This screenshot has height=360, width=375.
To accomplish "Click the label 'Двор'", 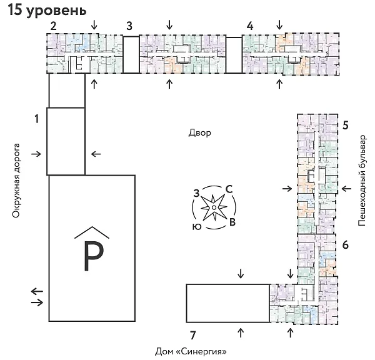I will tap(200, 132).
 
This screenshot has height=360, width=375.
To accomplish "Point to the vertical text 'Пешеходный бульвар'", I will tap(362, 179).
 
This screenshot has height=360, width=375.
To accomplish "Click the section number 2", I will tap(54, 26).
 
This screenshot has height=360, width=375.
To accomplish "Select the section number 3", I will tap(129, 26).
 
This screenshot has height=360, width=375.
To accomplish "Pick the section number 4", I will tap(250, 26).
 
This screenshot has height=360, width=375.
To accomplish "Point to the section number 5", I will tap(345, 124).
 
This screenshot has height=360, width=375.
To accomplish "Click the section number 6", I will tap(345, 245).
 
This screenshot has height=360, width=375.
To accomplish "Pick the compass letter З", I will tap(196, 192).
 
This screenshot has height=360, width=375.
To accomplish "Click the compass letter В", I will tap(232, 222).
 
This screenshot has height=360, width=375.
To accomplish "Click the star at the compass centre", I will tap(214, 207).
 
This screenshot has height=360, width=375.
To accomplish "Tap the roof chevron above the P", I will tap(91, 232).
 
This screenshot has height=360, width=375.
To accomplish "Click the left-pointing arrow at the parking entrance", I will tap(37, 291).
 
